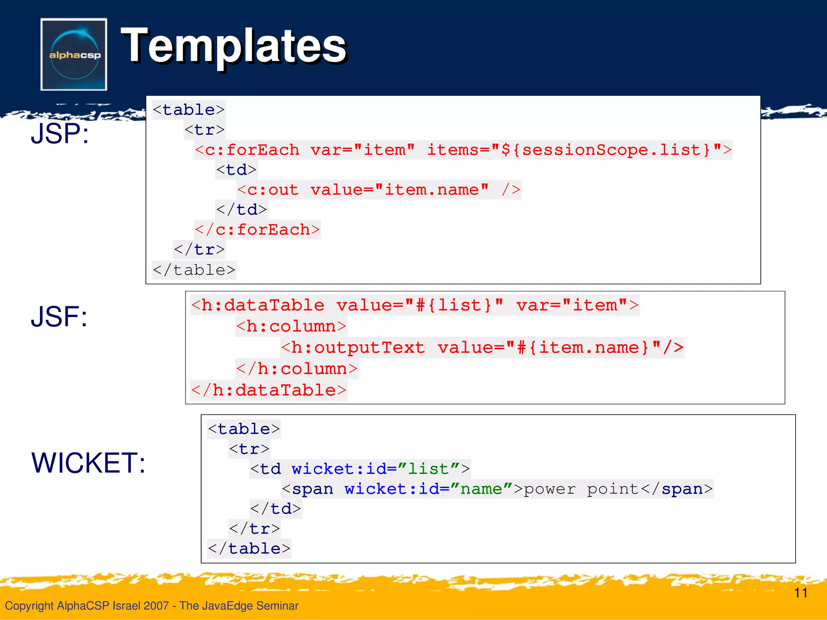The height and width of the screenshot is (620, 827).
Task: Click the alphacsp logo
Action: pyautogui.click(x=74, y=54)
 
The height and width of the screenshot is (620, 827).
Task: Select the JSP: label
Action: pyautogui.click(x=60, y=134)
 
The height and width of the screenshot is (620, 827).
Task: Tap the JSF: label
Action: pyautogui.click(x=59, y=316)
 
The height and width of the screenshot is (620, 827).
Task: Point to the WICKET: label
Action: pyautogui.click(x=88, y=463)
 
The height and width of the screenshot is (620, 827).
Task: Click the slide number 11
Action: pyautogui.click(x=800, y=593)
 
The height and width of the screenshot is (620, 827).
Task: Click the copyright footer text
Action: pyautogui.click(x=151, y=605)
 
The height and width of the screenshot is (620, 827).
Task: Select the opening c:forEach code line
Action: pyautogui.click(x=463, y=150)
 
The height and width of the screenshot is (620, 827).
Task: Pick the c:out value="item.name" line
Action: pyautogui.click(x=379, y=190)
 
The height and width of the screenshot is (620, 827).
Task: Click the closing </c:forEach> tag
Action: pyautogui.click(x=257, y=230)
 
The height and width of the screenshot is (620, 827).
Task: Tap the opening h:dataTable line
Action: pyautogui.click(x=415, y=305)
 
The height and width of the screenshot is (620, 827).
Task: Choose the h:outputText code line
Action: pyautogui.click(x=482, y=348)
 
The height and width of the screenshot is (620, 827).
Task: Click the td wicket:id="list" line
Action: pyautogui.click(x=360, y=469)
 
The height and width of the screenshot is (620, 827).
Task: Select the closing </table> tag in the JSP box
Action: pyautogui.click(x=194, y=270)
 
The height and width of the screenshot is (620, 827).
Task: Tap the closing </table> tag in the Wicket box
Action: pyautogui.click(x=249, y=549)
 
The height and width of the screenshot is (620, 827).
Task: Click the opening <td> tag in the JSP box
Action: pyautogui.click(x=236, y=170)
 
